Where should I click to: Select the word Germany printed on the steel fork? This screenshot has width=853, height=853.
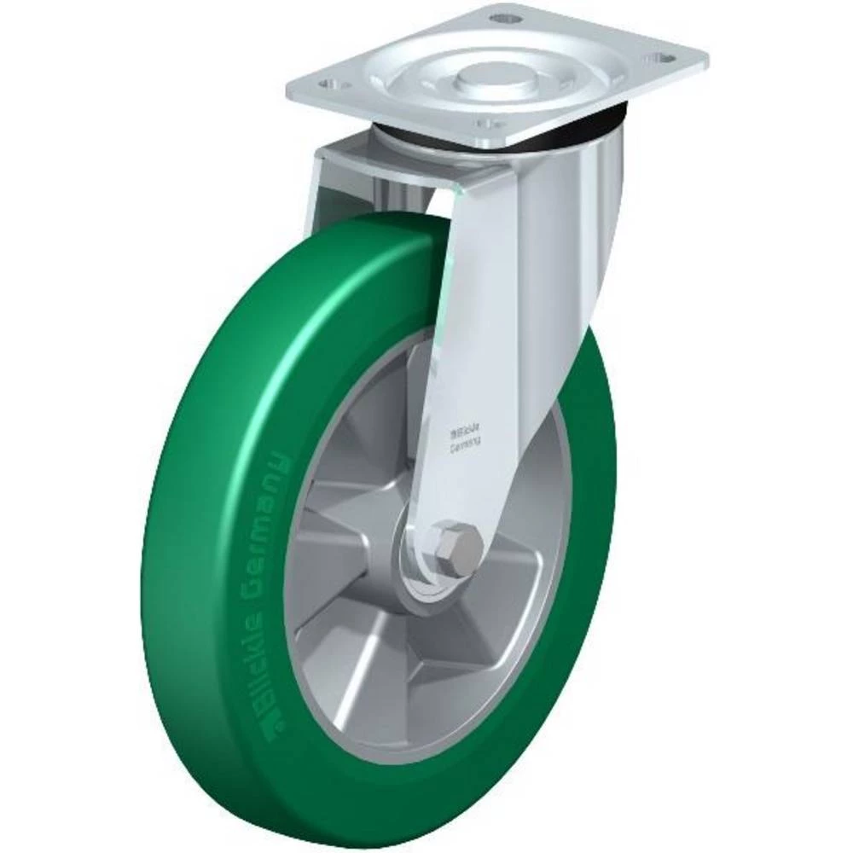point(464,443)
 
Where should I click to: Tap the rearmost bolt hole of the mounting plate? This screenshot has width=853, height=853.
point(505,16)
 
